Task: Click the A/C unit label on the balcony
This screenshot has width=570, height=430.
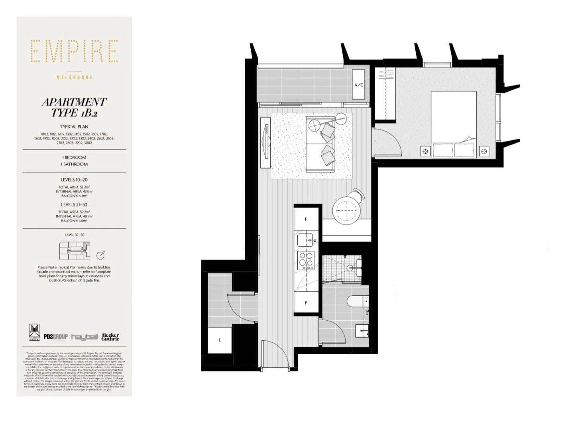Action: point(359,85)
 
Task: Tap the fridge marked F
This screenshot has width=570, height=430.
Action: point(306,219)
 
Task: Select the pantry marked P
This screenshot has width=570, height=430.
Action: point(306,302)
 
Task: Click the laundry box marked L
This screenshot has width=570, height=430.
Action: point(220,340)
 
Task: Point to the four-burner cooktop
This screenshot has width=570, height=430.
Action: point(306,261)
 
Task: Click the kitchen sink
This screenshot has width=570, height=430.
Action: point(307,240)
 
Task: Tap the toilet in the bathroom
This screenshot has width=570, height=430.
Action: point(356,301)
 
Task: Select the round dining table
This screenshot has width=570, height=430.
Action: point(346,210)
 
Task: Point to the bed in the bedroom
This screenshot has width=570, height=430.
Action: point(454,124)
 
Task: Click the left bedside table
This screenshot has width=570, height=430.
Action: point(425,151)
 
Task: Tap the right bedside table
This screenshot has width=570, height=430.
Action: point(484,151)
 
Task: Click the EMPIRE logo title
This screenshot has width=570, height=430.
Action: point(75,51)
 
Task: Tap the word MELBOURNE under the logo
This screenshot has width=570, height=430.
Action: point(75,77)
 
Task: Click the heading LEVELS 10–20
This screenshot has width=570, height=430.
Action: point(74,180)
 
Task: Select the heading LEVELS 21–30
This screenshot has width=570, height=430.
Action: point(74,204)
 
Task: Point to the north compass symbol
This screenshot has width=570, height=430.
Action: point(100,255)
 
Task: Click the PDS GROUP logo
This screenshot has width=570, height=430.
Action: point(56,337)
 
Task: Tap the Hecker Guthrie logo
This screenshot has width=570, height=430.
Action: point(110,337)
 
